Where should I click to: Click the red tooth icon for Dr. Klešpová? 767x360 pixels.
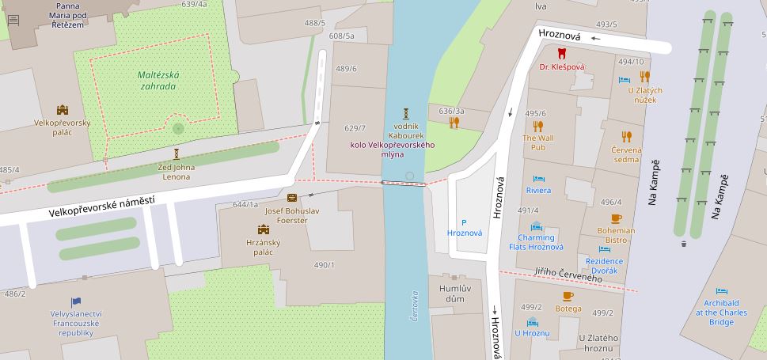click(562, 54)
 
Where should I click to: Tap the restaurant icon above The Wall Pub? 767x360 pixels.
click(538, 125)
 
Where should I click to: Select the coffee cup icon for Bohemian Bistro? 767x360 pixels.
click(616, 218)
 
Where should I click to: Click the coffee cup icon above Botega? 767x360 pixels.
click(568, 297)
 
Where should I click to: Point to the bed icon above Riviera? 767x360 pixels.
click(538, 179)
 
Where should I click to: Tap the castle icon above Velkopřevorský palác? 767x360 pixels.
click(63, 111)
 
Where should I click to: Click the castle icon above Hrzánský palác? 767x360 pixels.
click(264, 229)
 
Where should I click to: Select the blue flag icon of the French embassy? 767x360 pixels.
click(76, 301)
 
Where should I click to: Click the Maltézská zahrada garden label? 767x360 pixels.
click(158, 80)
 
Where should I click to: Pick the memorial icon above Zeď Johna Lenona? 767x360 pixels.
click(177, 154)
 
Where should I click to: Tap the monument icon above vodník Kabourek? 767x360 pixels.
click(405, 113)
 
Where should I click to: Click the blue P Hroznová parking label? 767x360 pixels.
click(465, 228)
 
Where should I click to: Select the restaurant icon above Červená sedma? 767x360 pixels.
click(626, 136)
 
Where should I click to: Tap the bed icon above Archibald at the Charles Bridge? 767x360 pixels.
click(721, 291)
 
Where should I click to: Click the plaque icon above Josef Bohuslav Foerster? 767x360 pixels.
click(292, 198)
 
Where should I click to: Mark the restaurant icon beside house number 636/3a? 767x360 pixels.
click(454, 123)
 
